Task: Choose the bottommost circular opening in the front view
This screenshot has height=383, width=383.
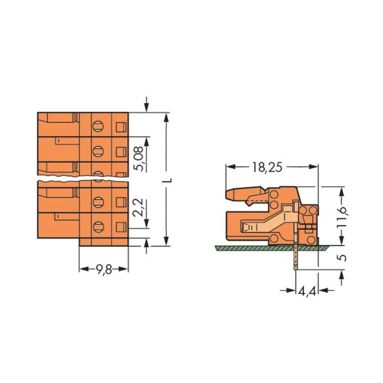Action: (98, 226)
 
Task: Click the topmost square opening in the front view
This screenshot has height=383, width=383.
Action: (121, 126)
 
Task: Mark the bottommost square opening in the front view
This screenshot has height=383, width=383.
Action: (121, 226)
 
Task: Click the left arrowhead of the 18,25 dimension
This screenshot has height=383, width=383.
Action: (229, 167)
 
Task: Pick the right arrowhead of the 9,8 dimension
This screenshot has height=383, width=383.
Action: (125, 269)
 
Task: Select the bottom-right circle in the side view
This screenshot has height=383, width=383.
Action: (312, 240)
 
